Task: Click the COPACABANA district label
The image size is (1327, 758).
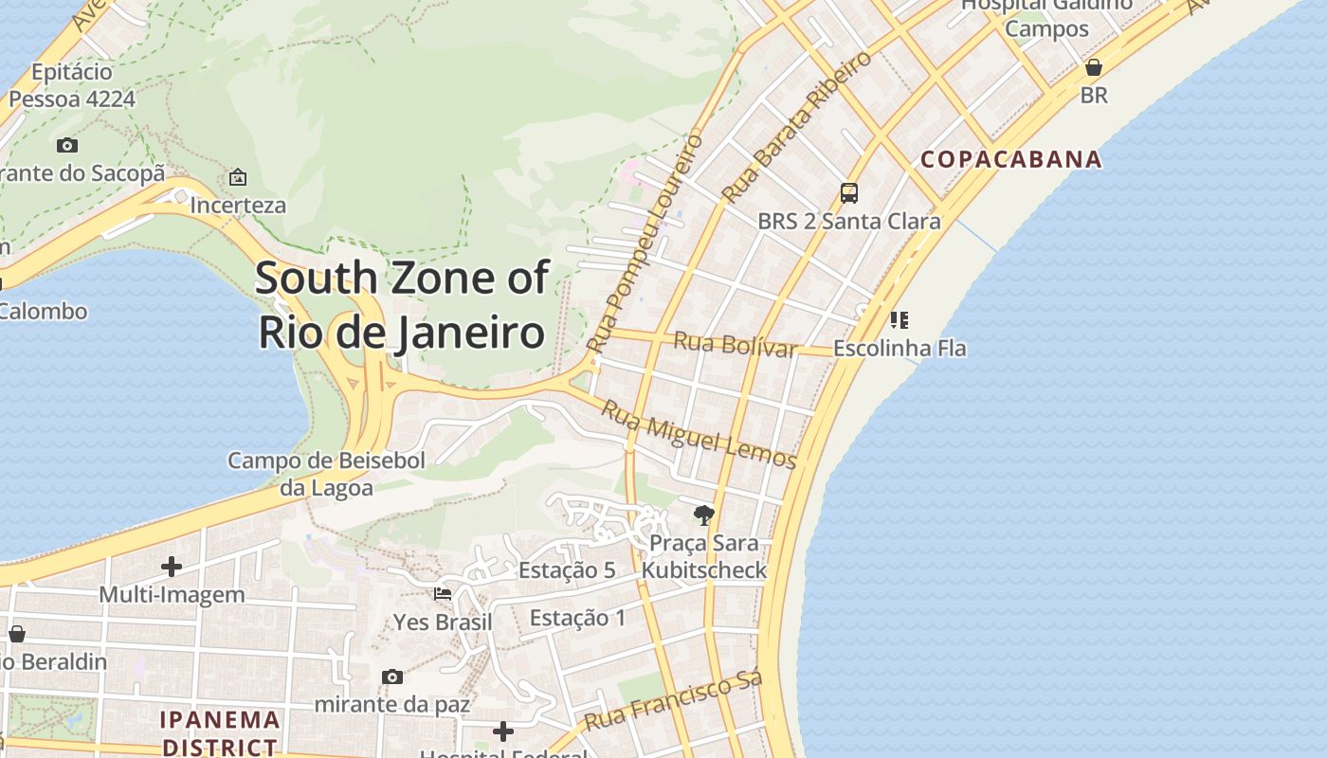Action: click(1011, 159)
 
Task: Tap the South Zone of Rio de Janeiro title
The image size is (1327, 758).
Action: click(402, 305)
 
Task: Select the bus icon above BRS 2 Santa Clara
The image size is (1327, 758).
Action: click(849, 193)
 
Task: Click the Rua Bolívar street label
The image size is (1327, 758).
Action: click(735, 345)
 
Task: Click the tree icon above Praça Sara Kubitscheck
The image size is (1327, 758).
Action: click(703, 515)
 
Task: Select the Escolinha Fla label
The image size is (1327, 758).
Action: click(900, 349)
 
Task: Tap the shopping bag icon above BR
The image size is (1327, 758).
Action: click(1093, 67)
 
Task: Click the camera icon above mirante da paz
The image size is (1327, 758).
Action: click(392, 677)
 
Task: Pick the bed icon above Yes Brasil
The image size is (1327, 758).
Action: click(443, 594)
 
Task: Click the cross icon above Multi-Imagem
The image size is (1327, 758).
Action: click(172, 567)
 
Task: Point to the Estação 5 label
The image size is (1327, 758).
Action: click(567, 570)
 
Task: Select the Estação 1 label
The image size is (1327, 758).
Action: click(577, 619)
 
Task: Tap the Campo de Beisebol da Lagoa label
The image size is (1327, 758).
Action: click(326, 474)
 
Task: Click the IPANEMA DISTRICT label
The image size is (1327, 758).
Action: click(220, 732)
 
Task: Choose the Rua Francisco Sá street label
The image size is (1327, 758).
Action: click(673, 702)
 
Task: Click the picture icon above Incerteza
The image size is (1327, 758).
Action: click(238, 177)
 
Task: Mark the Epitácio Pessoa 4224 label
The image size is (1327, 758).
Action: click(72, 85)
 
